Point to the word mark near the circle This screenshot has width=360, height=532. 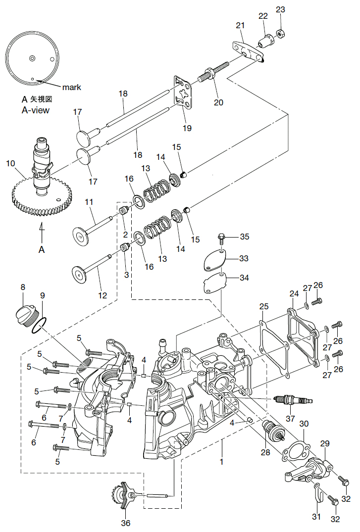point(71,87)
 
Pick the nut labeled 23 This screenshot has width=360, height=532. point(279,33)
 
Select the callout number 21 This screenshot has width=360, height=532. point(240,25)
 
